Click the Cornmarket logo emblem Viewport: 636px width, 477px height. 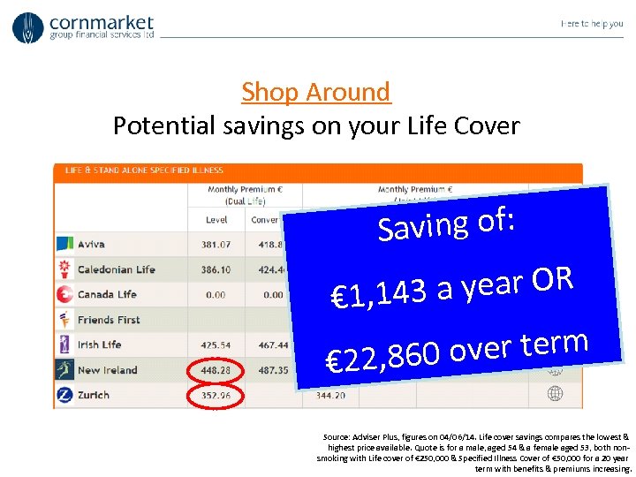[x=28, y=27]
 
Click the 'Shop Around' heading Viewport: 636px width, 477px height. [x=315, y=92]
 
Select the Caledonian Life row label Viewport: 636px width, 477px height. [x=116, y=269]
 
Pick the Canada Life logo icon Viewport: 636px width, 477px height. [x=64, y=294]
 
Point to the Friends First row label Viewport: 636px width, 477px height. [x=110, y=320]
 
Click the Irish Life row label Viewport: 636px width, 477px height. [x=99, y=345]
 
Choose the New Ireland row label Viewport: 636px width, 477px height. [x=107, y=370]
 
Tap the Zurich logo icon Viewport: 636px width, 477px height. [x=64, y=395]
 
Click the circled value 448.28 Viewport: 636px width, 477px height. [x=216, y=370]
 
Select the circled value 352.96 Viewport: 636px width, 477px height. [x=216, y=395]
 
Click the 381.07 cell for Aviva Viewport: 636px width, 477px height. [x=216, y=245]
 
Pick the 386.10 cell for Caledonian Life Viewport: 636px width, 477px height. [x=216, y=269]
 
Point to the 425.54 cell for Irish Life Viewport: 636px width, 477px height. [x=216, y=345]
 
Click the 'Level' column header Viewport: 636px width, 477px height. [x=216, y=220]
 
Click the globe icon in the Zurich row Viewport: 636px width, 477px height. [x=555, y=393]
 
